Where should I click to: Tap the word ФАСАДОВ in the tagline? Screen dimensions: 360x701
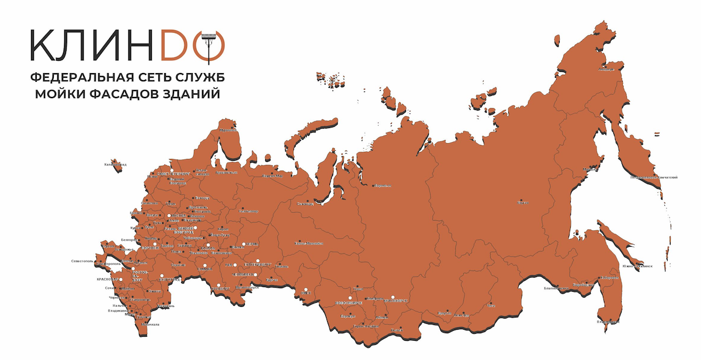[x=130, y=93]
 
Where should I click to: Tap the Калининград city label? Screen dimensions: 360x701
[x=115, y=165]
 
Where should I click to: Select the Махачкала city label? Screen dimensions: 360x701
[x=149, y=324]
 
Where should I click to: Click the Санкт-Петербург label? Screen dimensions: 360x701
[x=174, y=174]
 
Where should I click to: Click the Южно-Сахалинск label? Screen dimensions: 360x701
[x=637, y=266]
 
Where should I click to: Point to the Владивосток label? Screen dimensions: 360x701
[x=608, y=321]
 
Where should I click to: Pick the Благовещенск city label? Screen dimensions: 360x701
[x=556, y=288]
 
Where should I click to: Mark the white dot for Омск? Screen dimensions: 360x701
[x=304, y=289]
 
